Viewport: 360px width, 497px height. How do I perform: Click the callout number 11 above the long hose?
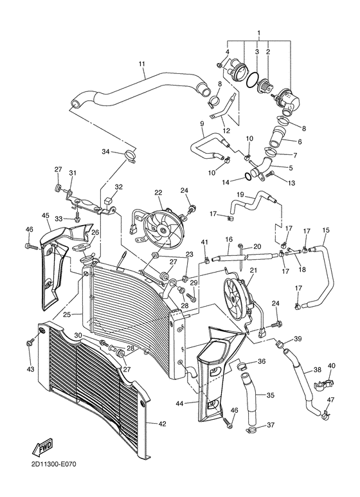[x=141, y=63]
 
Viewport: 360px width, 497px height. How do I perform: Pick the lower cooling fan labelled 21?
[x=236, y=300]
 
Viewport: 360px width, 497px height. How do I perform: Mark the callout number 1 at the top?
[x=258, y=32]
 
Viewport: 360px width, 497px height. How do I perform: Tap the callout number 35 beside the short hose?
[x=271, y=395]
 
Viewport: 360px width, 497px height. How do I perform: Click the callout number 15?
[x=326, y=230]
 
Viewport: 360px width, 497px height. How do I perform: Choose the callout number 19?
[x=240, y=194]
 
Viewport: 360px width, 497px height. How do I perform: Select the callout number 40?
[x=332, y=366]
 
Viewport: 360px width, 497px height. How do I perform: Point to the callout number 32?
[x=118, y=187]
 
